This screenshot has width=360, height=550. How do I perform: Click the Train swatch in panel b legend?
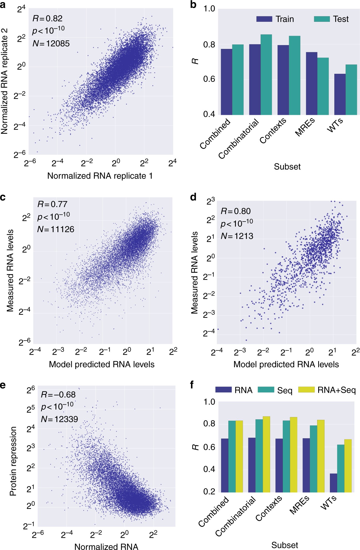coord(264,19)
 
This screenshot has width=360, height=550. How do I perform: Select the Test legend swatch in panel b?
coord(322,19)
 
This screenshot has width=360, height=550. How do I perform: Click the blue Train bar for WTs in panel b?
coord(340,94)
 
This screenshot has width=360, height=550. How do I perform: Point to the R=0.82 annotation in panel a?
coord(47,19)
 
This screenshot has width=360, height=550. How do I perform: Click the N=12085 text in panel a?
coord(51,43)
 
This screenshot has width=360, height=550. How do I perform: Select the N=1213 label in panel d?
coord(237,236)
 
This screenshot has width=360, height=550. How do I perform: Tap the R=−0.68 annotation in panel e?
coord(58,395)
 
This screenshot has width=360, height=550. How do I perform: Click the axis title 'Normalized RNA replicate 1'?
coord(100,176)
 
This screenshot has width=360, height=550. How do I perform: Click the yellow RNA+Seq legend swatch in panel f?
coord(306,390)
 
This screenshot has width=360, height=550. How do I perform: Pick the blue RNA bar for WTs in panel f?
coord(333,483)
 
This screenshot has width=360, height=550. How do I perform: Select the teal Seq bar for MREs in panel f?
coord(313,459)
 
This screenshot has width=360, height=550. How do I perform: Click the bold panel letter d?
coord(193,197)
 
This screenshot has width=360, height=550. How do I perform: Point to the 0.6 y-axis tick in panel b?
coord(209,79)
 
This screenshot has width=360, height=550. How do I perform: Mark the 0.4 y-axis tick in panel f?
coord(209,469)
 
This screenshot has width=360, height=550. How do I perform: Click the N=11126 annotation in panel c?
coord(55,229)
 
